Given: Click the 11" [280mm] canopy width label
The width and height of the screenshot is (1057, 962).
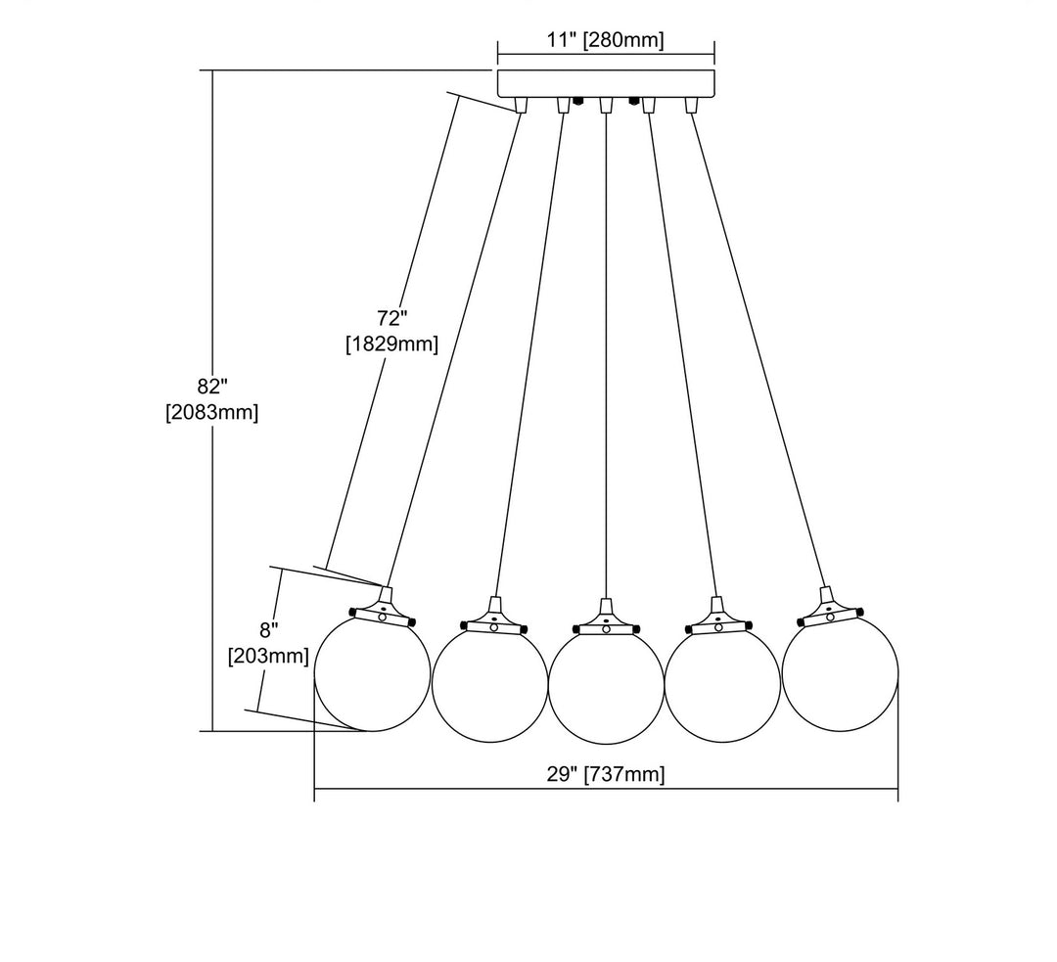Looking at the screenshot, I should coord(606,40).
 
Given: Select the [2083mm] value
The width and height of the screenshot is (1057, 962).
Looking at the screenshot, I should coord(211,412).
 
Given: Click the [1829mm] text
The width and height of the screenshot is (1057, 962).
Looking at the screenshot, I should coord(391,344).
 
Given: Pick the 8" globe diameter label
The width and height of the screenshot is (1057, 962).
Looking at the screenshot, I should coord(268,629).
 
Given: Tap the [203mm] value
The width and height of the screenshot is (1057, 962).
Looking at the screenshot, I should coord(268,656).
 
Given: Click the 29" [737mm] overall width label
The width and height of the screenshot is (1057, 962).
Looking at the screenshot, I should coord(606,775).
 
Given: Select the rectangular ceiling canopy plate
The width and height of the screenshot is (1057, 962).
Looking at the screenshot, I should coord(606,82).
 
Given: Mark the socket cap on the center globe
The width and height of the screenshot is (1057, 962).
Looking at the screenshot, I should coord(606,622).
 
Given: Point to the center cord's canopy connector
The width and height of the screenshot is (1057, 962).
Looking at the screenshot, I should coord(606,105).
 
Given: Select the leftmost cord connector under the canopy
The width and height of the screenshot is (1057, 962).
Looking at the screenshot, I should coord(521,105).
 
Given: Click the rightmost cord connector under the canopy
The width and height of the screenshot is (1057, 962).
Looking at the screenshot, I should coord(691,105).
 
